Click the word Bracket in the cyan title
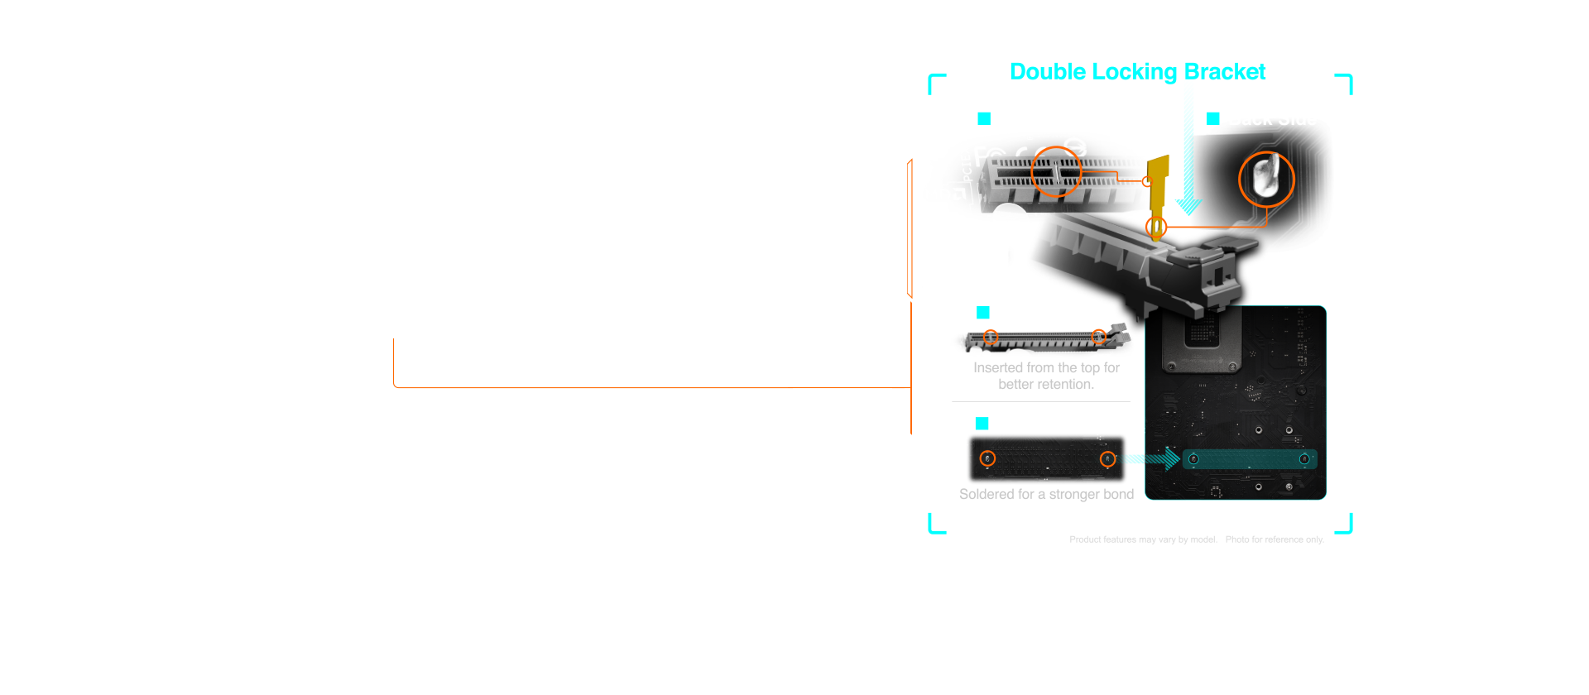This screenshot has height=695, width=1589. [x=1225, y=72]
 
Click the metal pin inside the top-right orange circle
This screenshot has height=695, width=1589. [x=1266, y=178]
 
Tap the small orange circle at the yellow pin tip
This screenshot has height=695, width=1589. [x=1156, y=227]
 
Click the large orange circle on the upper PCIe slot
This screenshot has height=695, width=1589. [x=1057, y=170]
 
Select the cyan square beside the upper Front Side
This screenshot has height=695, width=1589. [x=984, y=119]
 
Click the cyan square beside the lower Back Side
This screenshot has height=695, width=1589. [x=982, y=424]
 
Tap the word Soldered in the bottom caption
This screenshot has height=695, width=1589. [x=985, y=494]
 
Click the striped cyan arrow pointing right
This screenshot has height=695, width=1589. [x=1155, y=458]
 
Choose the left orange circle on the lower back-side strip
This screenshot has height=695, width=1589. [x=987, y=458]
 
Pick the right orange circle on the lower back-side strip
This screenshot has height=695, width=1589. [x=1107, y=459]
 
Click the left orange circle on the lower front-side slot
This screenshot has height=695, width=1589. [x=991, y=337]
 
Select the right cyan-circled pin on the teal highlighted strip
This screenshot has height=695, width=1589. [x=1304, y=459]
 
